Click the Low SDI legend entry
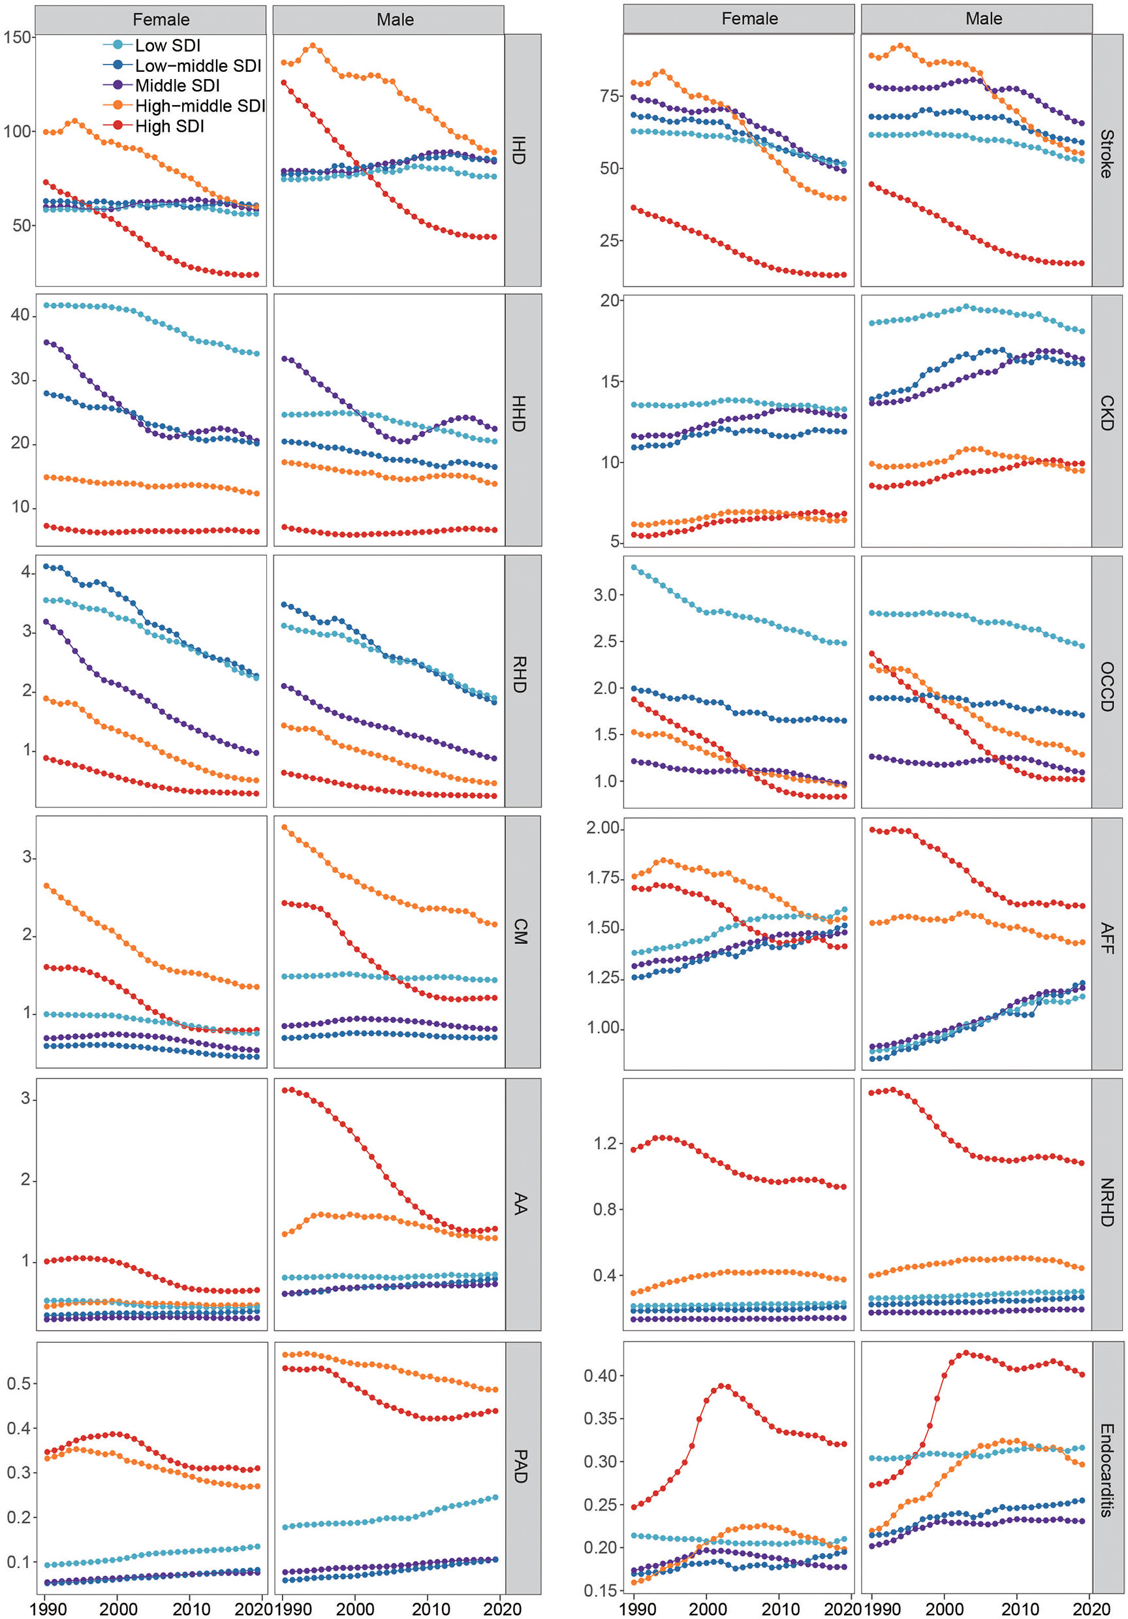pos(167,45)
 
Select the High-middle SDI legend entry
pos(199,106)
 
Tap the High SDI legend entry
pos(169,126)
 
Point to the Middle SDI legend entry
pos(177,86)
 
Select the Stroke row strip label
pos(1106,153)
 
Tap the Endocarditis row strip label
pos(1106,1470)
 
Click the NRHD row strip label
pos(1106,1202)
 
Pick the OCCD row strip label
pos(1106,686)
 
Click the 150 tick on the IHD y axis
pos(17,37)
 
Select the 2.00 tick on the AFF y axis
pos(603,828)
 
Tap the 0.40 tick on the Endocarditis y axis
pos(603,1375)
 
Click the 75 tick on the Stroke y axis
pos(609,96)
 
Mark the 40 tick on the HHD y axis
pos(20,315)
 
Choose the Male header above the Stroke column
pos(983,19)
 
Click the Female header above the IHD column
pos(161,20)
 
